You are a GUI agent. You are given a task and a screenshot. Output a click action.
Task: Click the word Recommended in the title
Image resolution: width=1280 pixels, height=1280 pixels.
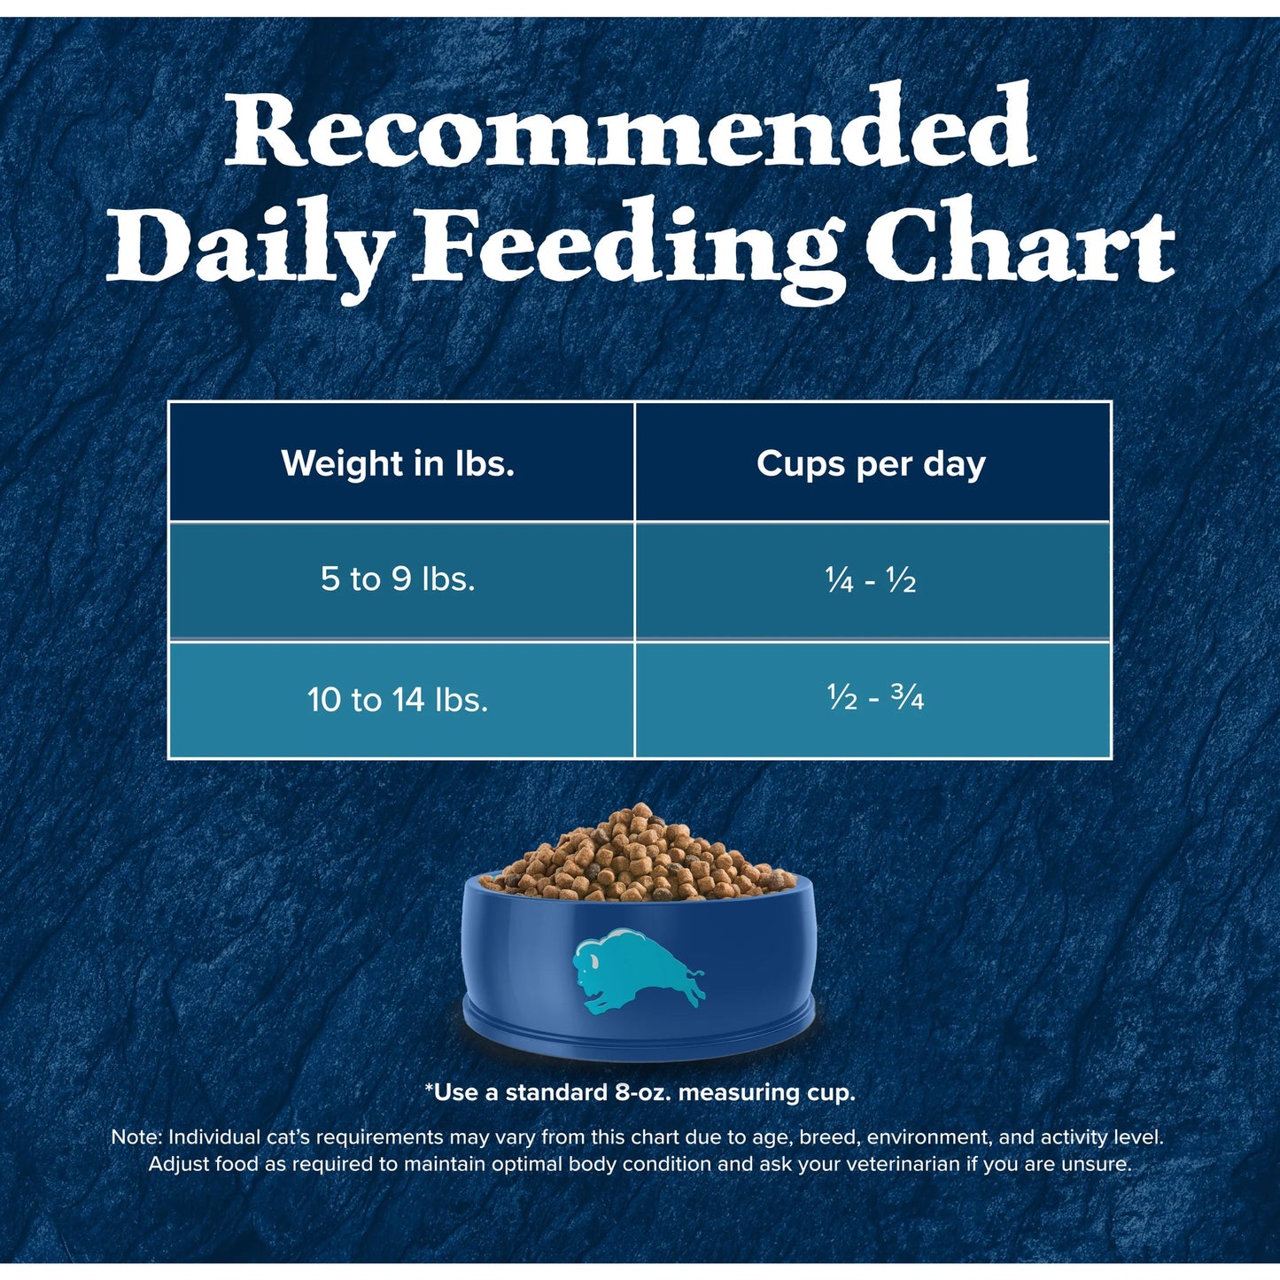coord(630,128)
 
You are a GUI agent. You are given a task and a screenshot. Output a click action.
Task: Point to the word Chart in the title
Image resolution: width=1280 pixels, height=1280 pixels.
coord(1020,245)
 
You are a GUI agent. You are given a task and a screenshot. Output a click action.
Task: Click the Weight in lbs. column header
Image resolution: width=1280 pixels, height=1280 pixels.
coord(398,463)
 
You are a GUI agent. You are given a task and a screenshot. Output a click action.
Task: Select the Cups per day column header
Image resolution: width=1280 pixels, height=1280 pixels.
coord(871,463)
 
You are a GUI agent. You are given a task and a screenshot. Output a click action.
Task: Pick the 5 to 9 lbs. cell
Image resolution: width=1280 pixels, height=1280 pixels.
coord(398,579)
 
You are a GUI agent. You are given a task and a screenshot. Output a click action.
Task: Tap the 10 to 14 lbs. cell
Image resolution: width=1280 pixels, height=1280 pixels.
coord(398,700)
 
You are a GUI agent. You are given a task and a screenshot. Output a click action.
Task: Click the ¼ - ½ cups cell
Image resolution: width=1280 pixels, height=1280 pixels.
coord(871,580)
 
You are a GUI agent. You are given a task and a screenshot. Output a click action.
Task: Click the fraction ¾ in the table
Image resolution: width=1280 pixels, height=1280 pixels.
coord(907,699)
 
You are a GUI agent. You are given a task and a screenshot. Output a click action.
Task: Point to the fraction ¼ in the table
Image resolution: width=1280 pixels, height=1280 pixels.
coord(838,580)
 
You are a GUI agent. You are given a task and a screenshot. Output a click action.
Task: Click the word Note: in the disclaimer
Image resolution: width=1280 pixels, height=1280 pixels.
coord(136,1137)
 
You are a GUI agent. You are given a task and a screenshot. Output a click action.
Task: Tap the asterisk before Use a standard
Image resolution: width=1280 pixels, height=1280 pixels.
coord(430,1090)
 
